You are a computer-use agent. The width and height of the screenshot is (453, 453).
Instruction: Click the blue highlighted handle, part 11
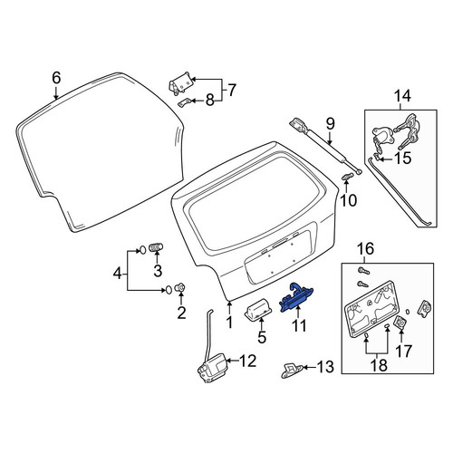296,297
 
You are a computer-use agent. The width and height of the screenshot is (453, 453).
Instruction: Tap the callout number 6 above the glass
56,78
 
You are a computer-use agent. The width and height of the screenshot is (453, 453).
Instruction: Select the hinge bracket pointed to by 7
180,83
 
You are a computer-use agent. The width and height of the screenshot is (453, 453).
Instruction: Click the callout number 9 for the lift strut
330,124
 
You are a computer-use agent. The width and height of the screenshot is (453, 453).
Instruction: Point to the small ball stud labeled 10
347,177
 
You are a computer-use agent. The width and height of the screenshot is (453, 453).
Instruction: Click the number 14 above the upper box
402,96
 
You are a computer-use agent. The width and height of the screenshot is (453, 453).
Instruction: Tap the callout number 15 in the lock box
403,158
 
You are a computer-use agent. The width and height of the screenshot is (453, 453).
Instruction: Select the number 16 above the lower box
365,249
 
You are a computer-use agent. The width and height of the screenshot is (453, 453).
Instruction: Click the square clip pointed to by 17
400,323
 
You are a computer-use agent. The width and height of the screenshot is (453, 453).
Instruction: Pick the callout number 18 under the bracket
379,365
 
